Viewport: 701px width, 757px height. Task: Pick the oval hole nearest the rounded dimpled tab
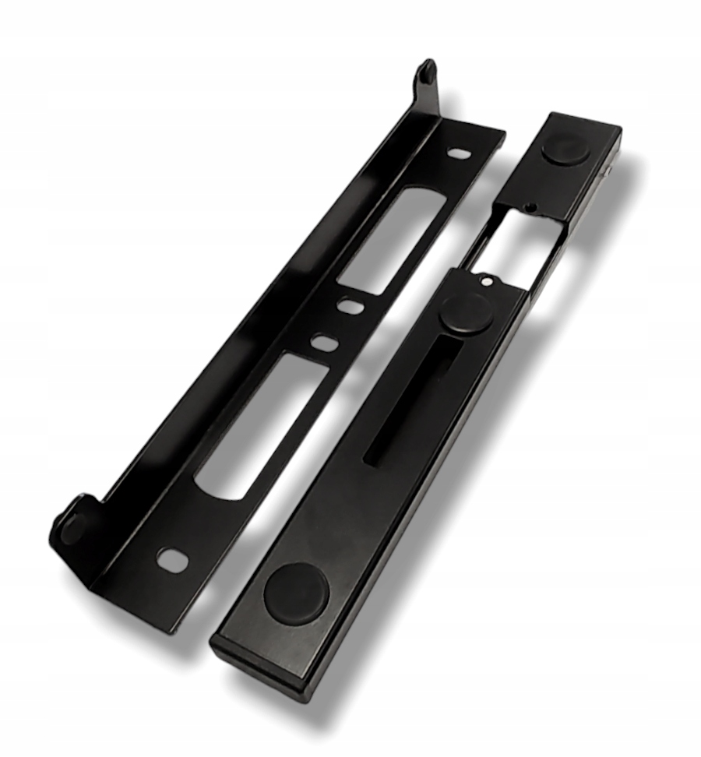[x=172, y=558]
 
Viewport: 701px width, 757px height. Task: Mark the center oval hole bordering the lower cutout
[x=322, y=341]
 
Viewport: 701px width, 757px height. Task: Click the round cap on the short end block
[x=565, y=149]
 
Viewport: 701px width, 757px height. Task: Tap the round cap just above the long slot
[x=465, y=312]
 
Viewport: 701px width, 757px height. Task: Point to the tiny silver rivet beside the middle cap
[x=486, y=282]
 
